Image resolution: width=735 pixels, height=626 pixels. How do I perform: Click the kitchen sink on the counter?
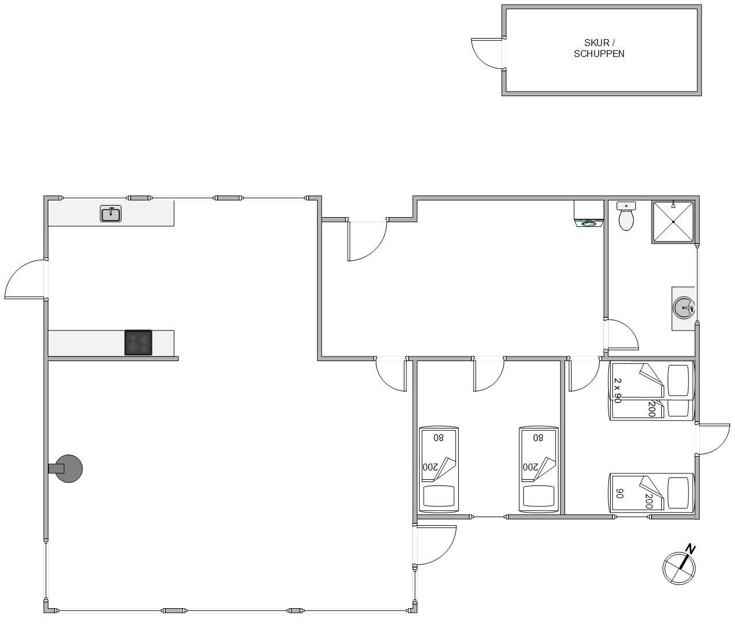coord(111,214)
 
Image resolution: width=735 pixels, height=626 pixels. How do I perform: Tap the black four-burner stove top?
coord(138,342)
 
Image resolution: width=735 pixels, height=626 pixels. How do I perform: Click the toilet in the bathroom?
coord(626,216)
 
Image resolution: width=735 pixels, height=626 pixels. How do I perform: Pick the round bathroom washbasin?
coord(684,308)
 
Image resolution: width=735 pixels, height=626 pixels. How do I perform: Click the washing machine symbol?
coord(589,214)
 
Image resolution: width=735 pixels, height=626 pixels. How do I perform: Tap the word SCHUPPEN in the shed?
coord(599,54)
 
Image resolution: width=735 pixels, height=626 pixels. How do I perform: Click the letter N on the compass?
coord(691,549)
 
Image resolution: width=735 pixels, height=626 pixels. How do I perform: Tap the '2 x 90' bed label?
coord(618,390)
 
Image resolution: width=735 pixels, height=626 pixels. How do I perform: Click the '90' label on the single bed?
coord(620,494)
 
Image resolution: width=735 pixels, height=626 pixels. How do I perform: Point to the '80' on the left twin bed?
coord(439,438)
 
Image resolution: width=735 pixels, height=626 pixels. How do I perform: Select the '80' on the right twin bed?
coord(538,438)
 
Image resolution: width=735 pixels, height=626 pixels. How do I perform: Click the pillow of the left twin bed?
coord(439,496)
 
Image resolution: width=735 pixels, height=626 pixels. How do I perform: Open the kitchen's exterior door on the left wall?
coord(26,279)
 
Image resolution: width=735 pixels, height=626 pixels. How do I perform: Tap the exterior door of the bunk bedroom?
coord(713,439)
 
